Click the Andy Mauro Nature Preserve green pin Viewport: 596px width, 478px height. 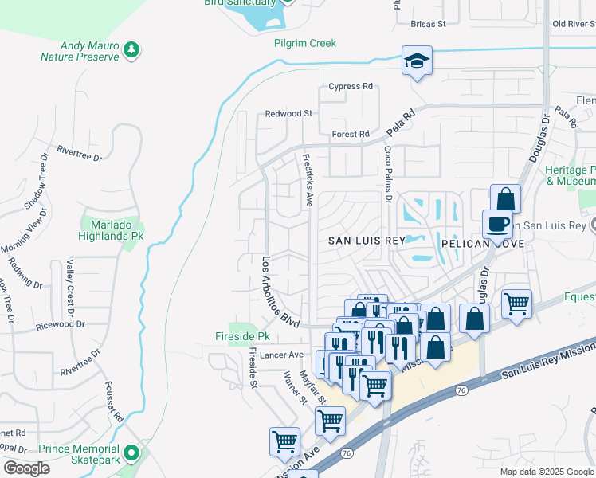(131, 51)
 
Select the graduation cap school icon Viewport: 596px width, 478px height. (417, 61)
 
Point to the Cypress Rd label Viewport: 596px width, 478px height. (351, 86)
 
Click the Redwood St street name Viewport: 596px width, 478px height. (288, 114)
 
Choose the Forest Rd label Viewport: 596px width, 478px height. (351, 134)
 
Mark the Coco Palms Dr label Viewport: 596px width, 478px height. (389, 170)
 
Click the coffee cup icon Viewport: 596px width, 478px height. (497, 224)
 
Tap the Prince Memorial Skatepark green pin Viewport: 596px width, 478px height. (132, 454)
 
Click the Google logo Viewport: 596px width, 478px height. (26, 468)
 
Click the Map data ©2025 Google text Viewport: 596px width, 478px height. (546, 472)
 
